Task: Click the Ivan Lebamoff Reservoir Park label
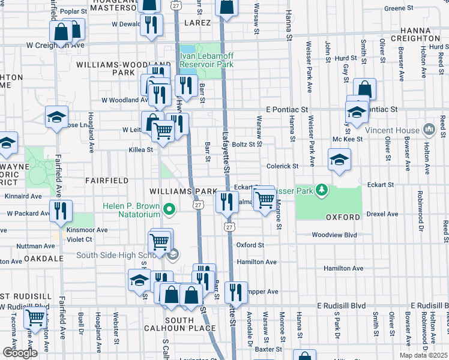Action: click(206, 60)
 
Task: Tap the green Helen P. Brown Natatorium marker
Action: click(170, 209)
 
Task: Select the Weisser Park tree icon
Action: click(322, 190)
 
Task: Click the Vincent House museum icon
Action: click(429, 130)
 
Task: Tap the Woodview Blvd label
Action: click(334, 235)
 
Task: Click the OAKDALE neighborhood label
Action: click(44, 259)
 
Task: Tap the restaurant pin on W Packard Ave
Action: click(61, 210)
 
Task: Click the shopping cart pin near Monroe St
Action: click(265, 199)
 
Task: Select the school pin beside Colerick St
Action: click(339, 160)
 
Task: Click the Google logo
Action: click(20, 353)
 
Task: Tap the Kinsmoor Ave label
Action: click(87, 230)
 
